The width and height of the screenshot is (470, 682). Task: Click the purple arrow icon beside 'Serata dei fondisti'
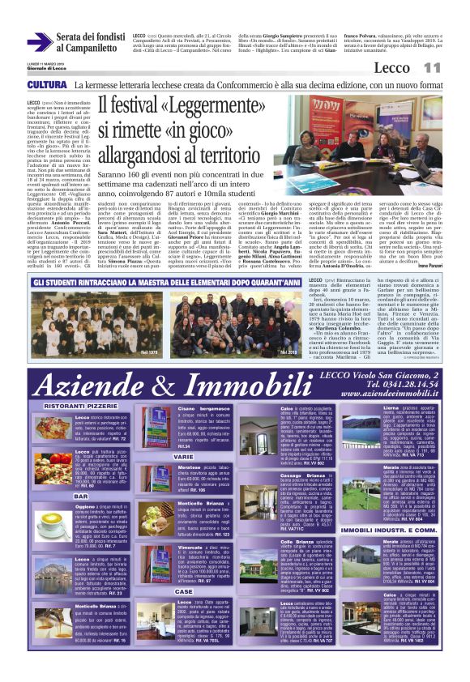point(38,41)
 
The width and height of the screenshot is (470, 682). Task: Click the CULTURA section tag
point(46,85)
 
